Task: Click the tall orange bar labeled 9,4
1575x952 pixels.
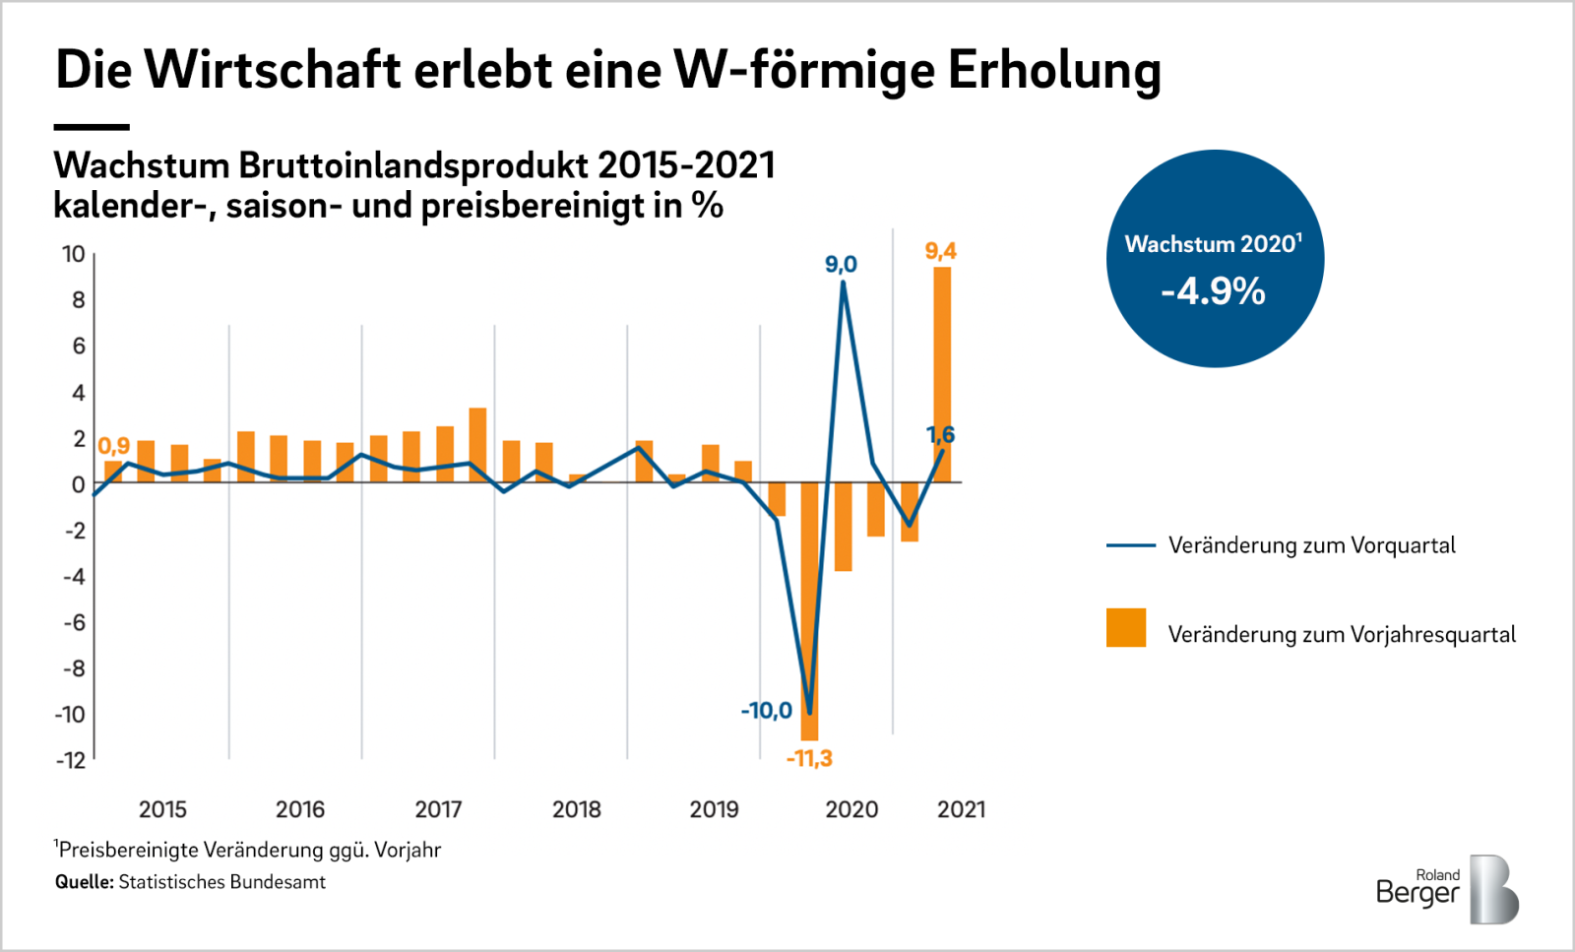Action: [942, 374]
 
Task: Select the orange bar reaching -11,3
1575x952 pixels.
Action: [809, 610]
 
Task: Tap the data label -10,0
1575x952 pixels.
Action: [766, 710]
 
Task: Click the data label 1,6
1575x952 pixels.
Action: [940, 434]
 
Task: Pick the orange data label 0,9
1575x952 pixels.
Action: [113, 446]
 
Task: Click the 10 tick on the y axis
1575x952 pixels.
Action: [74, 254]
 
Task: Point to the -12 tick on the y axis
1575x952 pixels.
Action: [70, 760]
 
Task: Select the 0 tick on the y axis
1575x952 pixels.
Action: [78, 484]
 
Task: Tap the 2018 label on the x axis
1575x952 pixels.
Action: [576, 809]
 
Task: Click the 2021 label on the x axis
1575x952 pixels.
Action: [961, 809]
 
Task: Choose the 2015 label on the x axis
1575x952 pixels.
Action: [162, 809]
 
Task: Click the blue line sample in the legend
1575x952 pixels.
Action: [1130, 545]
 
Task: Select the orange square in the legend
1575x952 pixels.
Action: [1126, 628]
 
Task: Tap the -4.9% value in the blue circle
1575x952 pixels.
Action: [1213, 291]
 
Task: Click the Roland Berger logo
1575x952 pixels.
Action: [1447, 888]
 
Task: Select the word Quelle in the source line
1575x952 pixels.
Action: [84, 882]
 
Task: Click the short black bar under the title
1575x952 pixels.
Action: [92, 127]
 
